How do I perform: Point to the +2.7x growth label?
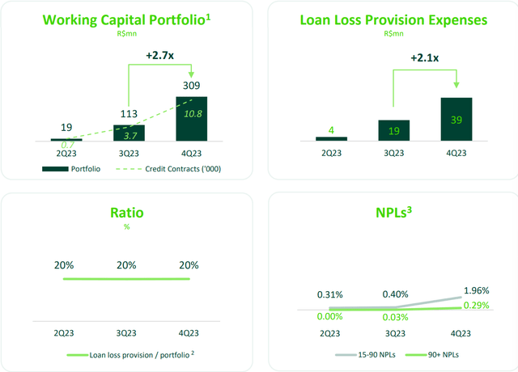pos(162,55)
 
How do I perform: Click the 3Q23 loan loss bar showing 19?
pos(393,130)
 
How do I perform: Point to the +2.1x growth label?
pos(424,58)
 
